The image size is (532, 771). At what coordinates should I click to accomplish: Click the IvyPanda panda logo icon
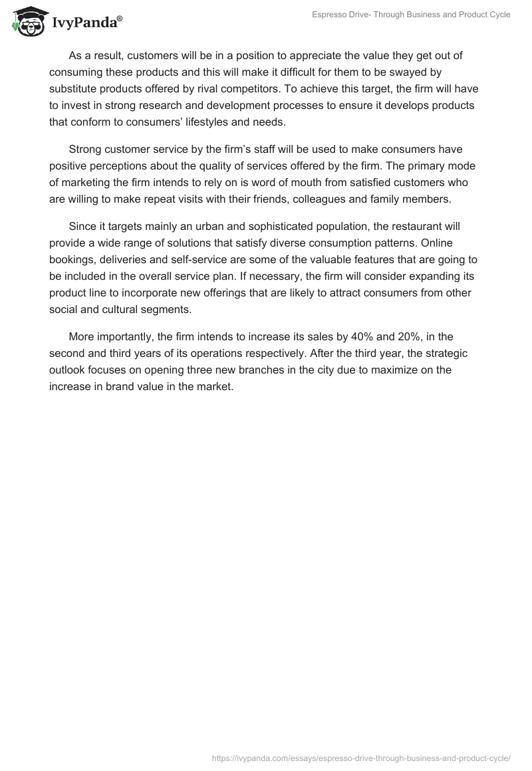[x=27, y=21]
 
